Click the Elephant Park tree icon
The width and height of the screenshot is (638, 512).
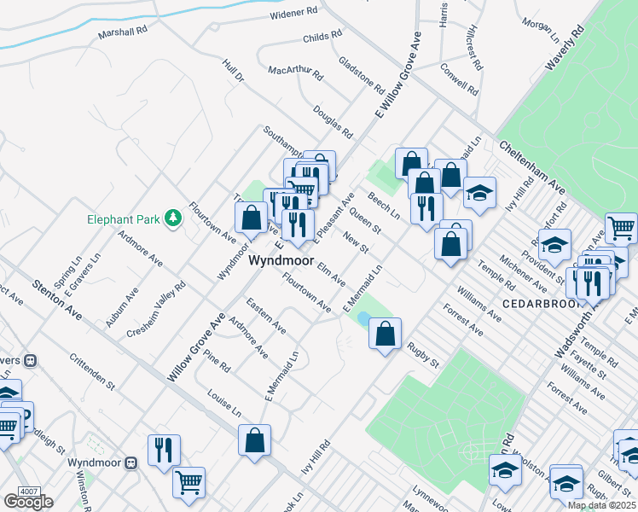pyautogui.click(x=173, y=218)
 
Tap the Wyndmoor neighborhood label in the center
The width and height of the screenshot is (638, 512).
pyautogui.click(x=278, y=264)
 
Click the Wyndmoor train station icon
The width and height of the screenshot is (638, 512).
pyautogui.click(x=131, y=463)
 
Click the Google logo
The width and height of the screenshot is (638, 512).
pyautogui.click(x=28, y=502)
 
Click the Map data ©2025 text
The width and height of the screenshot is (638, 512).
pyautogui.click(x=601, y=505)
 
